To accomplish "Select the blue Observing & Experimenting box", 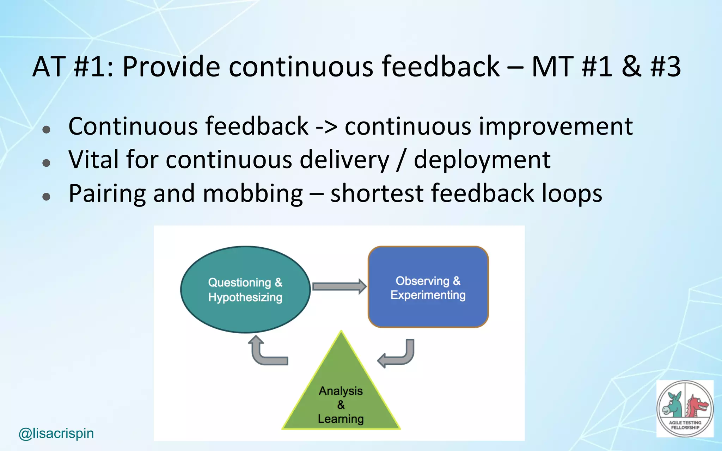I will [428, 310].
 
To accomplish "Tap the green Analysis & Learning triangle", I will [341, 373].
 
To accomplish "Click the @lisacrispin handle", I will [56, 433].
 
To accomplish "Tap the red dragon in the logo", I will [696, 405].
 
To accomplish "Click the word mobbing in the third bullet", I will [252, 193].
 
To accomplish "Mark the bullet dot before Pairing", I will [46, 196].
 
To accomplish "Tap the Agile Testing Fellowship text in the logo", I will [685, 425].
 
